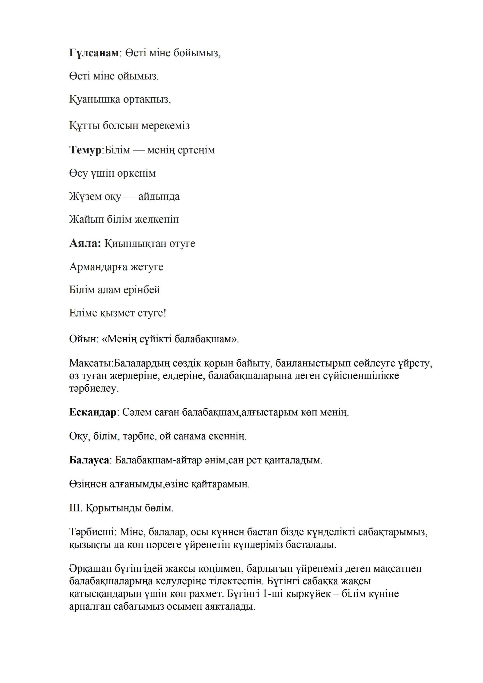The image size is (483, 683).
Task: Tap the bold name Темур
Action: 86,150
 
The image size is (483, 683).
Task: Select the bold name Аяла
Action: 85,244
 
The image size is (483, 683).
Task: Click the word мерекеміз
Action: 165,126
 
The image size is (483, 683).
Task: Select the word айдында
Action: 159,197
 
